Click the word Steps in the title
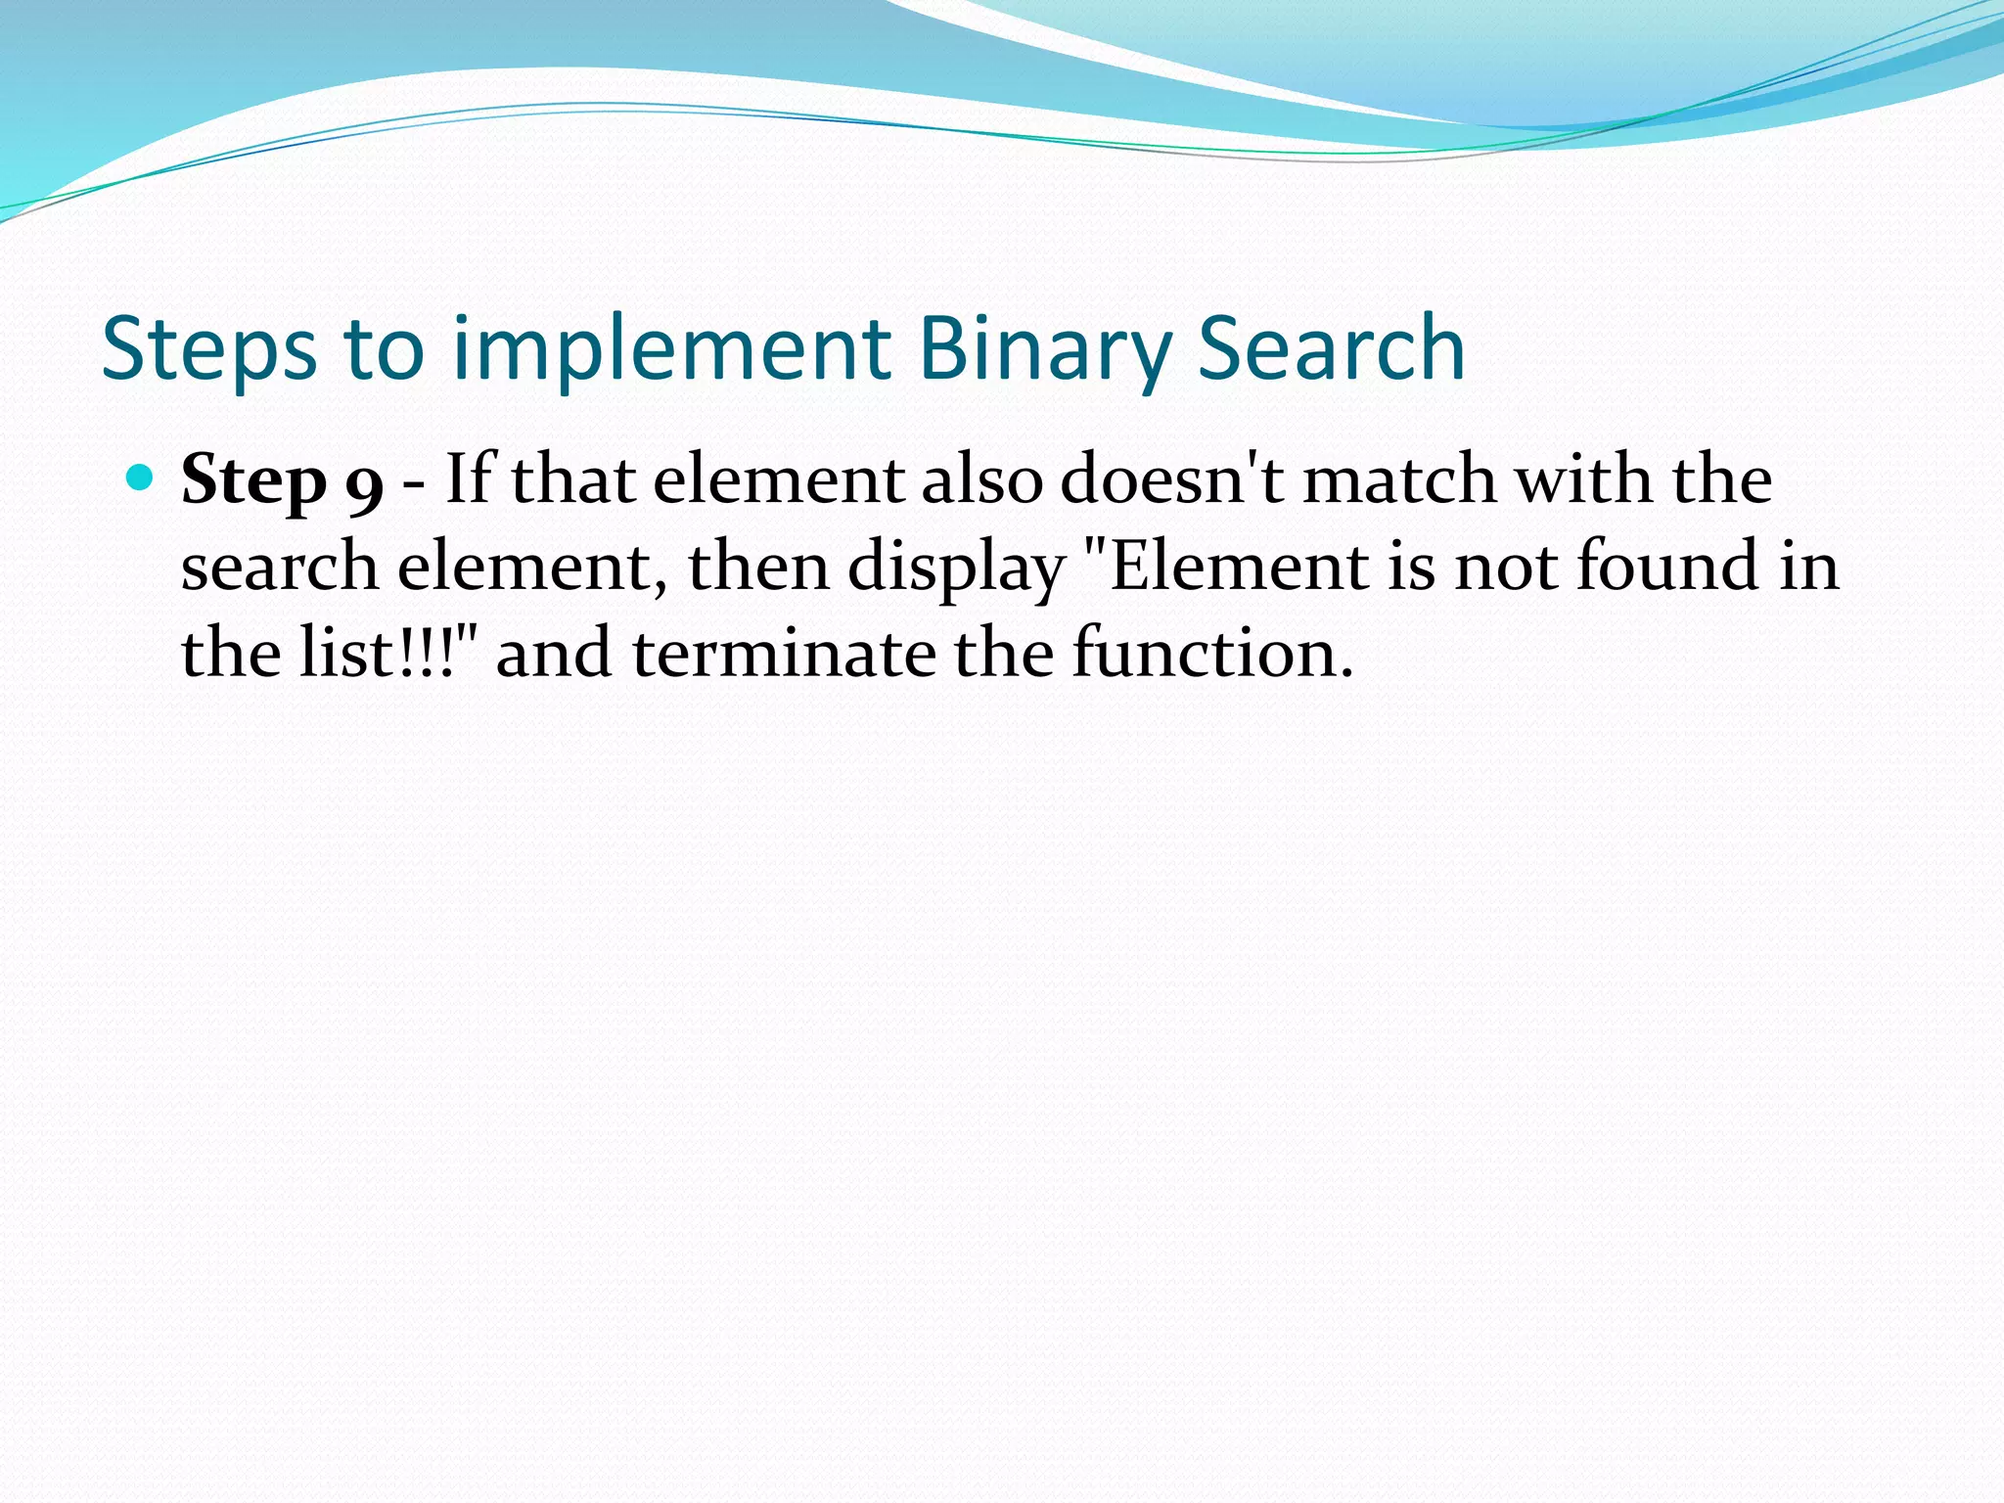208,349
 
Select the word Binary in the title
1044,349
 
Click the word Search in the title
1331,349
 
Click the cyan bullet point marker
141,478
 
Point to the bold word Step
253,480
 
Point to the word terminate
784,653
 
